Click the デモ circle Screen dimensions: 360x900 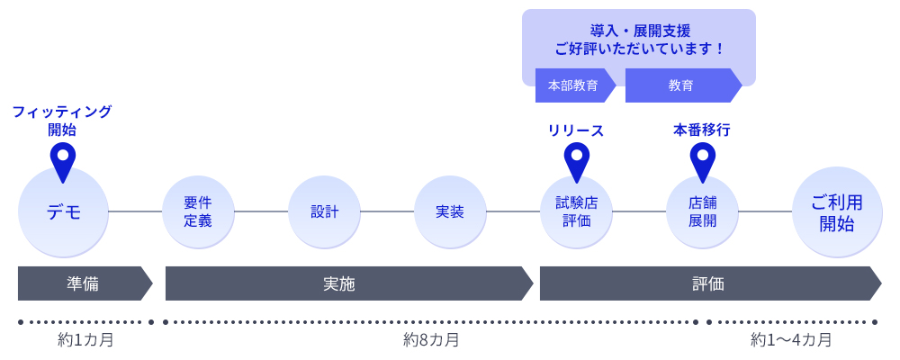pos(63,212)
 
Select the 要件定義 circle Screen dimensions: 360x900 pos(198,211)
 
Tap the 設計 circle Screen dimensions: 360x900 pos(324,211)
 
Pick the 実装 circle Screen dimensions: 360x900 pos(450,211)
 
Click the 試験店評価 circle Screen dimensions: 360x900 pos(576,211)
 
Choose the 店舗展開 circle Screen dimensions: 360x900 pos(702,211)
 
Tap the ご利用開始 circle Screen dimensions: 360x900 pos(837,212)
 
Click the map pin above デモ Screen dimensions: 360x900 pos(63,158)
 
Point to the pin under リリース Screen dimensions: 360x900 pos(576,158)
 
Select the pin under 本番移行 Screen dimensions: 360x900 pos(702,158)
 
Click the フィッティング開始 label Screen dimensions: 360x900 pos(62,121)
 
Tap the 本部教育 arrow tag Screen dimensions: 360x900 pos(573,85)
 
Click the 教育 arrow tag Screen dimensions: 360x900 pos(681,85)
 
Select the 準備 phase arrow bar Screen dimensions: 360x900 pos(83,283)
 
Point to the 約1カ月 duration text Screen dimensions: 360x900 pos(85,340)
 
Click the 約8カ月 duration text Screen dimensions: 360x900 pos(431,340)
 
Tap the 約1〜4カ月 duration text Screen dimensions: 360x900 pos(791,340)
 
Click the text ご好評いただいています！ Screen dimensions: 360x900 pos(639,49)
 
